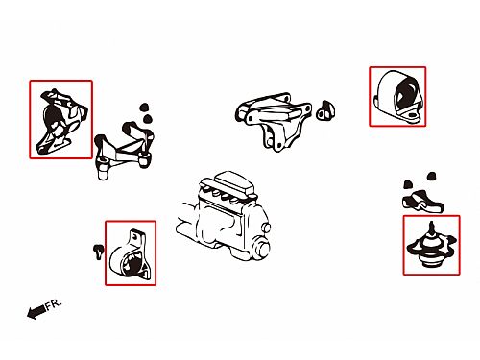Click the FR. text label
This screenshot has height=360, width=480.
click(53, 304)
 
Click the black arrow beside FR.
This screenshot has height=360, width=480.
click(36, 312)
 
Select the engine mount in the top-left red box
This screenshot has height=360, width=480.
click(62, 122)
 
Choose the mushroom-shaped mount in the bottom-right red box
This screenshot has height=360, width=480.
click(431, 247)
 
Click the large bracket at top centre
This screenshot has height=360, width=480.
click(274, 120)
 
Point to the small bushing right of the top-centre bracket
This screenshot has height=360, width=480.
click(325, 110)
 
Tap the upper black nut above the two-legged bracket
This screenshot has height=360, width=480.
click(145, 108)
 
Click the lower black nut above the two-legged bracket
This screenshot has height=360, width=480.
click(147, 119)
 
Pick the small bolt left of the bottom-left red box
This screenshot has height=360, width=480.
click(98, 251)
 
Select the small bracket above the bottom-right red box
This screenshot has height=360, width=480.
click(422, 202)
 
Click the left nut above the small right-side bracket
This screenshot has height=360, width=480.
click(408, 184)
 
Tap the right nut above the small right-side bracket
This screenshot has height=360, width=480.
click(432, 177)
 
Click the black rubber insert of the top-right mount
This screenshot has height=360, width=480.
click(405, 94)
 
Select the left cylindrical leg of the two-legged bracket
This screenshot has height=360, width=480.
click(102, 169)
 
